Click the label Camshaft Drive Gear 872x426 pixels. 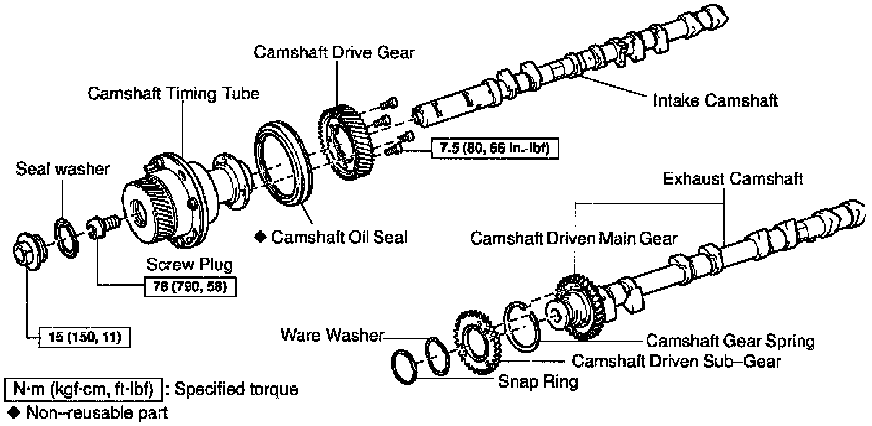click(334, 52)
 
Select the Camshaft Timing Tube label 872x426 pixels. click(173, 93)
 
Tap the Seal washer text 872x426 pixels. click(63, 168)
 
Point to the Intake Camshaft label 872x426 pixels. click(715, 100)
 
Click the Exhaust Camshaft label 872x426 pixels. click(733, 179)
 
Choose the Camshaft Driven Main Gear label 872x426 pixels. click(574, 238)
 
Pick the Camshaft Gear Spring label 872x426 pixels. click(730, 341)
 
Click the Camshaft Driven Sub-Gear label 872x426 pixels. click(676, 360)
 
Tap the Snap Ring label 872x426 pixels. click(538, 381)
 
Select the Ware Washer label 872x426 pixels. click(332, 335)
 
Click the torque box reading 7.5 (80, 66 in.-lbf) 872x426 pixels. click(495, 148)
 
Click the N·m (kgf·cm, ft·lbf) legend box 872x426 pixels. click(83, 389)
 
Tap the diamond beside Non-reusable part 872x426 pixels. click(11, 412)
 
